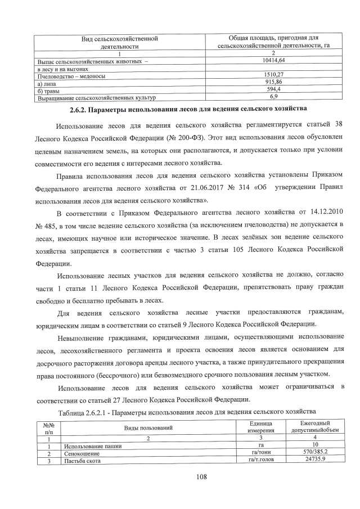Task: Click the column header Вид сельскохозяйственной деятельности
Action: [x=115, y=43]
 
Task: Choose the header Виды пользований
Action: [x=148, y=428]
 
